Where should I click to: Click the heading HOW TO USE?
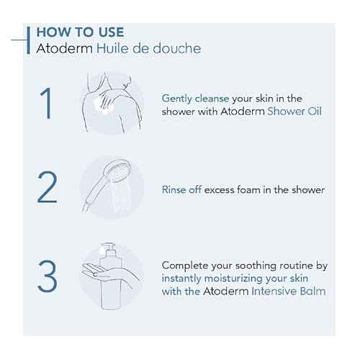click(79, 32)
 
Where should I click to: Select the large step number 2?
click(46, 189)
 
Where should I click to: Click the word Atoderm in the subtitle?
click(63, 48)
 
